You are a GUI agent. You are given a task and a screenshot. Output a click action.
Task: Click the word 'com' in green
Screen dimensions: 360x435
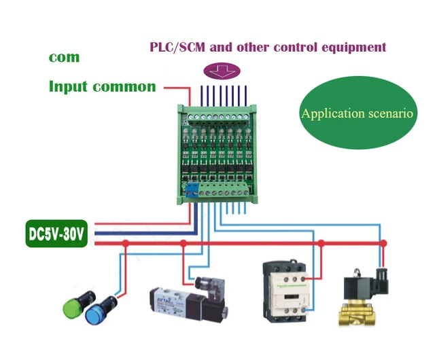click(64, 57)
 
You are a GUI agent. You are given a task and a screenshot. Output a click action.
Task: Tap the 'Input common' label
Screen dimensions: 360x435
click(102, 86)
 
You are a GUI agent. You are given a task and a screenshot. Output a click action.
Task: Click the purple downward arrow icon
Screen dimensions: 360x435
click(222, 70)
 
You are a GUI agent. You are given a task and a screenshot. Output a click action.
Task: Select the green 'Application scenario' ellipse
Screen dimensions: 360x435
click(357, 113)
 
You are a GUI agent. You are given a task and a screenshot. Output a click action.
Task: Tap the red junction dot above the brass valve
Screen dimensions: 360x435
click(383, 242)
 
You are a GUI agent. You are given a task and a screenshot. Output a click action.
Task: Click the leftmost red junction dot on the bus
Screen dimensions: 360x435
click(125, 242)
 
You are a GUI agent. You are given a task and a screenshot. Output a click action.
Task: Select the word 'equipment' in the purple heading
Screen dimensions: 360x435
click(353, 47)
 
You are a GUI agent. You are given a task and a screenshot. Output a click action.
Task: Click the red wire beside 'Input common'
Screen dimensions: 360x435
click(173, 87)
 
